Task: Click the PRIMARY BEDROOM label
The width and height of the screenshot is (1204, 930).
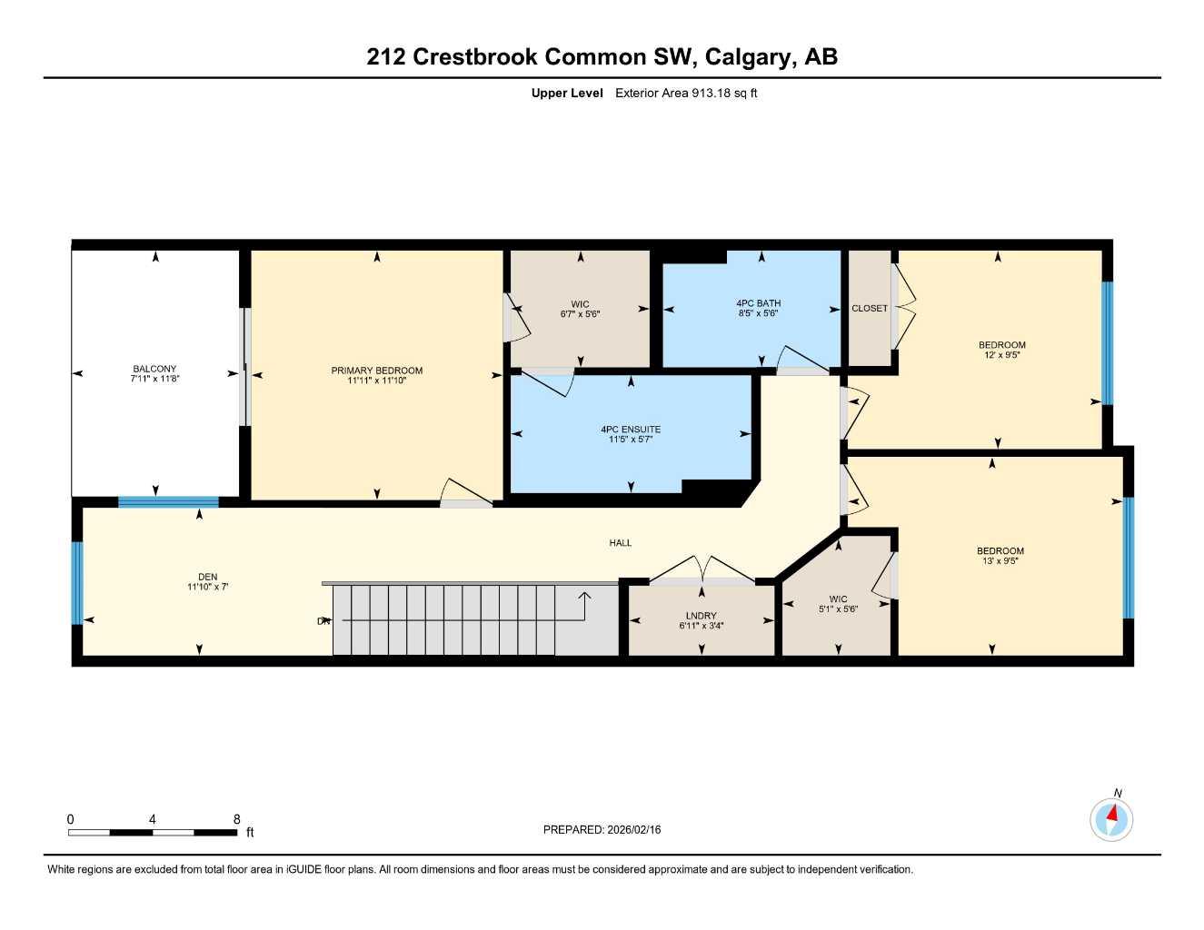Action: point(376,371)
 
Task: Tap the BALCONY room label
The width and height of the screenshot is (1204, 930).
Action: point(154,369)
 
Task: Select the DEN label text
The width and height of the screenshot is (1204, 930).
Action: point(207,577)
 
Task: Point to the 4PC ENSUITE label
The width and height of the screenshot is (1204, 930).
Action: point(631,430)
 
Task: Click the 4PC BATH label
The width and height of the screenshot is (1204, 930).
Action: point(758,303)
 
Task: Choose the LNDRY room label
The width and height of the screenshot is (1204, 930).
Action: point(701,616)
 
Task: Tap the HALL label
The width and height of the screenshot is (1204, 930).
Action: point(620,543)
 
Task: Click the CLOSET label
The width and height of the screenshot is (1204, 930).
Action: point(869,309)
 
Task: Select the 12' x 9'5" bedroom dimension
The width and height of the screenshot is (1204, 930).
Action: point(1001,355)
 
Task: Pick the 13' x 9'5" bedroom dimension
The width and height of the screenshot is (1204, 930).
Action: point(1000,561)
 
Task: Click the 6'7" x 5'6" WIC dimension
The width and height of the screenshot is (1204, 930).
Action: point(580,314)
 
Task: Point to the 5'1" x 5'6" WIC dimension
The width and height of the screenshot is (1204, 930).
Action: point(838,609)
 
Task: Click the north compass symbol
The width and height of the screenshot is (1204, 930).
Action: point(1111,819)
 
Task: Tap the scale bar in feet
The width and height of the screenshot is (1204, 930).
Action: point(152,832)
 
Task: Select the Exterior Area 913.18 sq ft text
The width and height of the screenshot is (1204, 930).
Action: point(686,93)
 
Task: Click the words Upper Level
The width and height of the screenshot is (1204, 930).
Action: point(567,93)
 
